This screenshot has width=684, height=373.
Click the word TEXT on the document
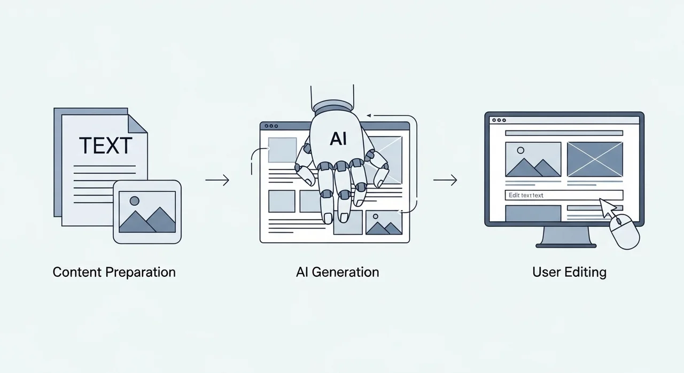(x=105, y=145)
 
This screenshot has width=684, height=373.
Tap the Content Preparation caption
(x=114, y=272)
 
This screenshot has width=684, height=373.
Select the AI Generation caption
(x=337, y=272)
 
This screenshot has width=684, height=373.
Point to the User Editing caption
(x=569, y=272)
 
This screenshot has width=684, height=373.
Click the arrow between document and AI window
(x=217, y=181)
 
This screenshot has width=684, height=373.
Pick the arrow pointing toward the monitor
(x=445, y=181)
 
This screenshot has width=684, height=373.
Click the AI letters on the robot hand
(x=338, y=139)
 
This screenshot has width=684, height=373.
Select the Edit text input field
(x=564, y=196)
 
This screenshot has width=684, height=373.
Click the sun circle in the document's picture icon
(x=135, y=201)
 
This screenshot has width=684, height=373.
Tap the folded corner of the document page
(x=137, y=123)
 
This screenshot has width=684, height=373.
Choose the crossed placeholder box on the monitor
(x=594, y=159)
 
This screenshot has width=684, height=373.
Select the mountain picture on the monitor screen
(x=533, y=159)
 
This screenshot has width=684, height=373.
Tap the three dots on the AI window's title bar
(x=271, y=127)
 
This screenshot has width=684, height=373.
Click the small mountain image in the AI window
(x=383, y=223)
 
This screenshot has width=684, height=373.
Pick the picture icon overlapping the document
(x=147, y=212)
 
